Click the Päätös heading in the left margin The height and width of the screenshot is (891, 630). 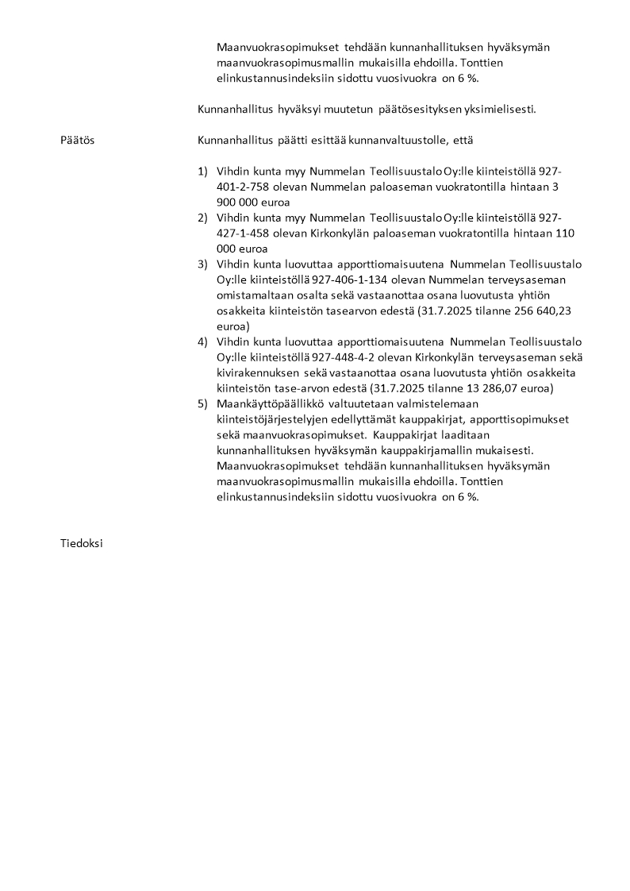point(77,141)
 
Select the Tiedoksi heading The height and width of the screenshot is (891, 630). point(81,544)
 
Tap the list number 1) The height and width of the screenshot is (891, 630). point(202,172)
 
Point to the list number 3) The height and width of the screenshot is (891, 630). point(202,264)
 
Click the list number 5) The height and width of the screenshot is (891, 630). point(202,403)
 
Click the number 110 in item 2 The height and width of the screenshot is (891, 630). point(565,233)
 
